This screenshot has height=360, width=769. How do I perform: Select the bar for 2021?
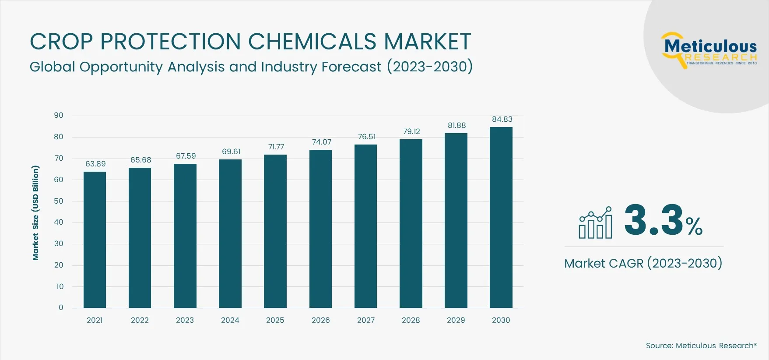point(95,240)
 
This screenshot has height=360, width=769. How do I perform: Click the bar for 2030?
point(501,217)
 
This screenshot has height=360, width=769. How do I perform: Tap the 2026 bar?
point(320,229)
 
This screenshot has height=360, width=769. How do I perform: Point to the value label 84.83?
point(502,119)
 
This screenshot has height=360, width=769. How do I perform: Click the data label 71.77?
point(276,147)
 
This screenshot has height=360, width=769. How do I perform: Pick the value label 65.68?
point(140,160)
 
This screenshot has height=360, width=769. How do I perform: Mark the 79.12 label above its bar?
point(411,131)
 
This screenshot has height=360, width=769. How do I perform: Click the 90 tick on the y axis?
point(59,115)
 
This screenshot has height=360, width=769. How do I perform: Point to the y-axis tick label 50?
point(59,201)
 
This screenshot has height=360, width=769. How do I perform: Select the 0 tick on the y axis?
point(61,307)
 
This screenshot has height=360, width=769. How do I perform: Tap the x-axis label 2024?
point(230,320)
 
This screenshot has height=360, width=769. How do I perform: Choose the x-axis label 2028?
point(411,320)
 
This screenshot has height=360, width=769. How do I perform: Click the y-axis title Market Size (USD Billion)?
point(36,213)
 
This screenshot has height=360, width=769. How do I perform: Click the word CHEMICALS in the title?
point(312,42)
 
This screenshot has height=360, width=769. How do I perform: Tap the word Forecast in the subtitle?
point(351,67)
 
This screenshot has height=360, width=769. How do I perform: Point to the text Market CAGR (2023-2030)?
point(643,263)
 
